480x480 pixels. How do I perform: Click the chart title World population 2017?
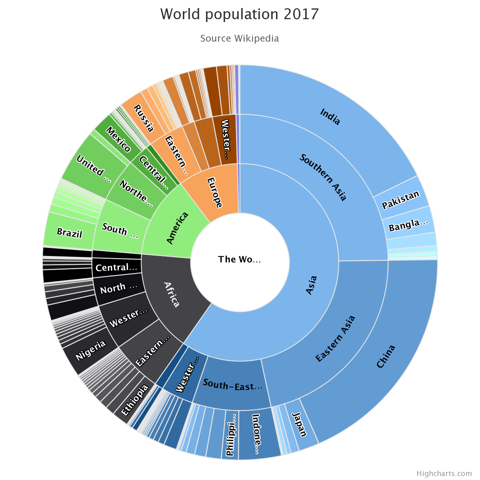(x=240, y=14)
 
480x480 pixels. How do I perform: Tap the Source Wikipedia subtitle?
(x=240, y=38)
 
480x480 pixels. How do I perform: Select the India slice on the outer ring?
(x=330, y=116)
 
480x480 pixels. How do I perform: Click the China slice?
(x=386, y=356)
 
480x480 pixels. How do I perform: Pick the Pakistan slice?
(x=401, y=200)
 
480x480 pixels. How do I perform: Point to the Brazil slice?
(x=70, y=233)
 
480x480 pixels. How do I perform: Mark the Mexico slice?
(x=118, y=140)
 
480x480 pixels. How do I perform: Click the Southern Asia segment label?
(x=323, y=177)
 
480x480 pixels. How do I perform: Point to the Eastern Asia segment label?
(x=335, y=339)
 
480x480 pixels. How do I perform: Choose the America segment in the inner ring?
(x=177, y=228)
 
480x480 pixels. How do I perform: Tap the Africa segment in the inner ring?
(x=172, y=294)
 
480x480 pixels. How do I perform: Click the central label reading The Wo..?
(x=240, y=259)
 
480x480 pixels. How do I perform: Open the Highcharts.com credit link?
(x=444, y=474)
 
